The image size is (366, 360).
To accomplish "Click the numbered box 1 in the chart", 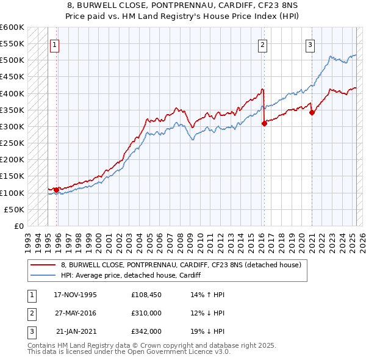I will [54, 44].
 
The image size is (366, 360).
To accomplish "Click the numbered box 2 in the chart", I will [262, 44].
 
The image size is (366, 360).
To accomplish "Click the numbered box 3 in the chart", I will [310, 44].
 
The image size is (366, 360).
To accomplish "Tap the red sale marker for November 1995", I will [56, 190].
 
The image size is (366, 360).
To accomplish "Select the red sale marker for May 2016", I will [264, 123].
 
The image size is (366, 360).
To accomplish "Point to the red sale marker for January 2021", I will [312, 112].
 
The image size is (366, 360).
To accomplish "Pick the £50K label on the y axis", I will [15, 209].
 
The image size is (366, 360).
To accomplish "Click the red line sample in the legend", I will [43, 265].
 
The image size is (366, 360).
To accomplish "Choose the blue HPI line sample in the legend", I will [43, 276].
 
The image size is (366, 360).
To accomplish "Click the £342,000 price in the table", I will [146, 331].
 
